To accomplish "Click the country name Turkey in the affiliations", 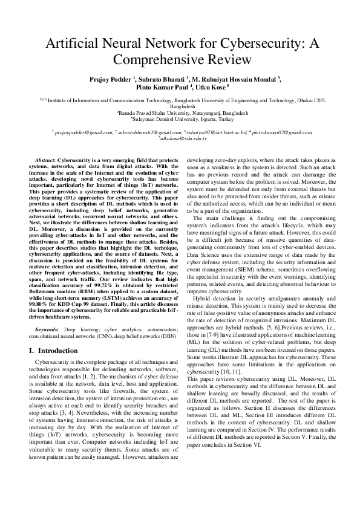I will [231, 118].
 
